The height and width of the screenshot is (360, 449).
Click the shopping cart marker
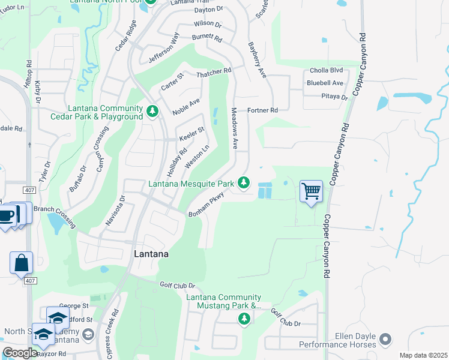tap(311, 192)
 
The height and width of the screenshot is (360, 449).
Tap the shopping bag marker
tap(21, 262)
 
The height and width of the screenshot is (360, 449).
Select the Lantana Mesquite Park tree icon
tap(244, 182)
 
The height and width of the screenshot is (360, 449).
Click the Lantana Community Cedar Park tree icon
tap(153, 111)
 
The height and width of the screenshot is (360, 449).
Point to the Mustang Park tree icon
tap(244, 318)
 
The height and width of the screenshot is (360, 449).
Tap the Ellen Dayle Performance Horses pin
tap(385, 340)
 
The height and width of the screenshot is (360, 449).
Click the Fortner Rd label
tap(262, 110)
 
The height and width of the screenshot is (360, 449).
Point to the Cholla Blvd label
tap(326, 70)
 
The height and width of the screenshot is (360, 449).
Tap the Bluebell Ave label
tap(325, 83)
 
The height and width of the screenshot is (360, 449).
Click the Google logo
tap(20, 353)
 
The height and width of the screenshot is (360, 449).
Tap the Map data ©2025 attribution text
tap(423, 355)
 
